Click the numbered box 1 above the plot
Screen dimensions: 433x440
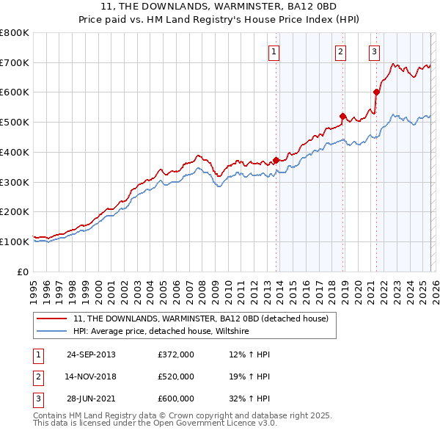click(x=273, y=51)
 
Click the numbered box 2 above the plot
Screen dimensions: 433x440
click(x=341, y=51)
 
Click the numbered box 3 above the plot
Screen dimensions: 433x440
click(x=374, y=51)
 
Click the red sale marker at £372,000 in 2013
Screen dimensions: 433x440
click(x=276, y=160)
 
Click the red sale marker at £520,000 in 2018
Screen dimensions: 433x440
click(x=342, y=116)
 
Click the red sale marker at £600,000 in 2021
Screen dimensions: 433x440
click(x=376, y=92)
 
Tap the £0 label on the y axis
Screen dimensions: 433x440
click(x=23, y=272)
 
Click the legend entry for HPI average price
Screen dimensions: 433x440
click(x=161, y=332)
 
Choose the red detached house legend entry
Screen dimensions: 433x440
click(x=205, y=319)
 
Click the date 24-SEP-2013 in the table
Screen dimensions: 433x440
click(x=91, y=354)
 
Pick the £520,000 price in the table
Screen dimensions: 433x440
click(x=176, y=376)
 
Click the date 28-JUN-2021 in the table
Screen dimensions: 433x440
click(x=91, y=399)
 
